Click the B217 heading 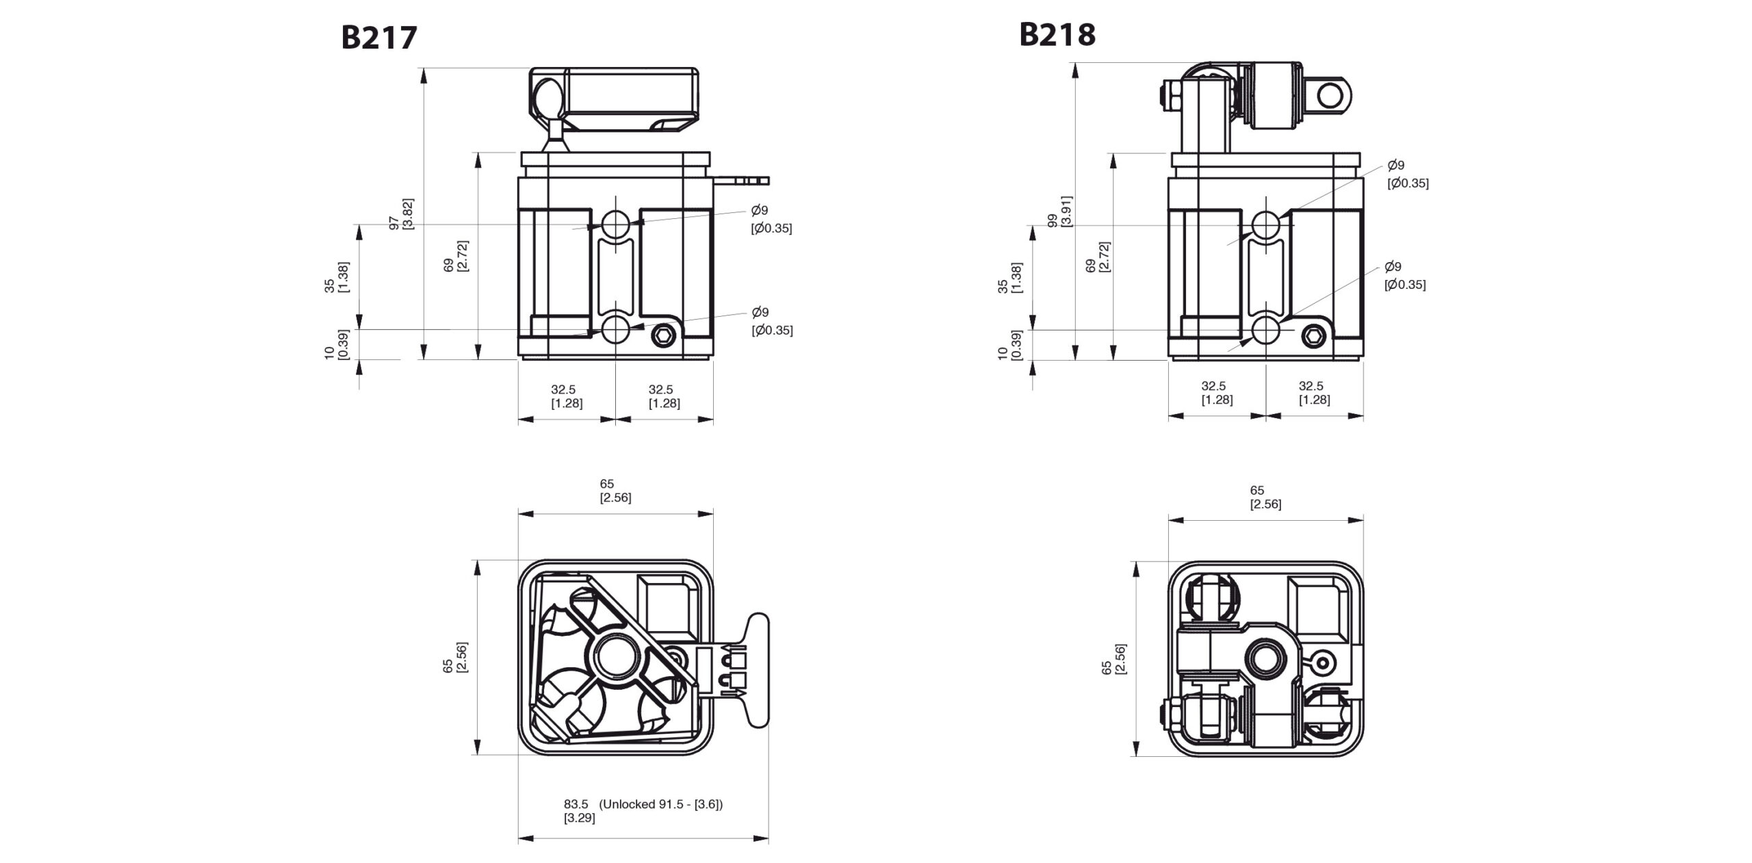[x=378, y=38]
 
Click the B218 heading [x=1057, y=34]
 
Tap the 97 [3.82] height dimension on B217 [x=401, y=214]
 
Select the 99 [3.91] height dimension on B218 [x=1060, y=211]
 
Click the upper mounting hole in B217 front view [x=615, y=222]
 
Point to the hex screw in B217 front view [x=662, y=335]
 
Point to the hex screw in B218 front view [x=1312, y=335]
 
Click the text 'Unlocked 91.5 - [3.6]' [x=661, y=804]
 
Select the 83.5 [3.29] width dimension [x=576, y=811]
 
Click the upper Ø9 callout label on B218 [x=1406, y=174]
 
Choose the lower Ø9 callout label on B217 [x=771, y=321]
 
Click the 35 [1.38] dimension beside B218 [x=1009, y=277]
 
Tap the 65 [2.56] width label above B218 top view [x=1265, y=497]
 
